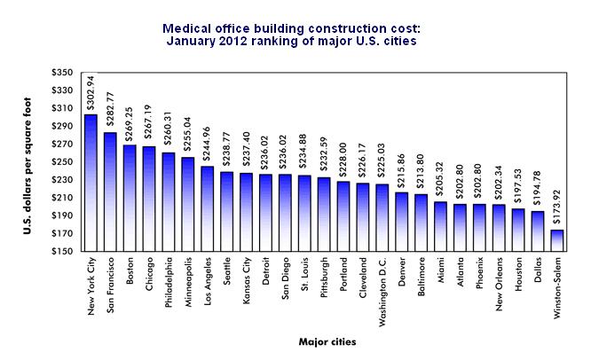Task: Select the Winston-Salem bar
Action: [556, 240]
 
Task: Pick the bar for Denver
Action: [401, 222]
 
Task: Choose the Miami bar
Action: [440, 226]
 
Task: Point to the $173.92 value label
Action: [557, 211]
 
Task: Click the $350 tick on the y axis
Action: [65, 73]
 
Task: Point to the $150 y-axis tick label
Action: [65, 252]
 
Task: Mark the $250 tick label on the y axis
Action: [65, 162]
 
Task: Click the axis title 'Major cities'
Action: [322, 339]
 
